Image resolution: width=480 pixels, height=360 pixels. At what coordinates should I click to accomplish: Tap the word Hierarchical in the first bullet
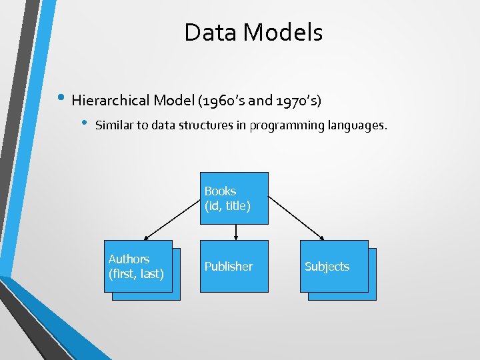click(111, 101)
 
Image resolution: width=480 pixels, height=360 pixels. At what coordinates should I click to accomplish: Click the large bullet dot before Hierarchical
click(61, 99)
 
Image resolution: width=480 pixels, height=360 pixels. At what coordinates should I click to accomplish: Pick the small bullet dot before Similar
click(84, 123)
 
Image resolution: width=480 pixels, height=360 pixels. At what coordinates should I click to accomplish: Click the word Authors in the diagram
click(129, 259)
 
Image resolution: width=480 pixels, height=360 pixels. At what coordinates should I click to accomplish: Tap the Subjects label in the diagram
click(327, 266)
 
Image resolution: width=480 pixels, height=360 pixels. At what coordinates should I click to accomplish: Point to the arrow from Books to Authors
click(173, 217)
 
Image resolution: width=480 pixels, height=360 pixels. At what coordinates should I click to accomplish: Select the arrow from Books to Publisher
click(236, 232)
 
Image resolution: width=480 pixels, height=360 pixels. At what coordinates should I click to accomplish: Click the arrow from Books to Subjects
click(297, 217)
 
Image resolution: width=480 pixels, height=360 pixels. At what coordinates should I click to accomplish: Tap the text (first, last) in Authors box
click(136, 273)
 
